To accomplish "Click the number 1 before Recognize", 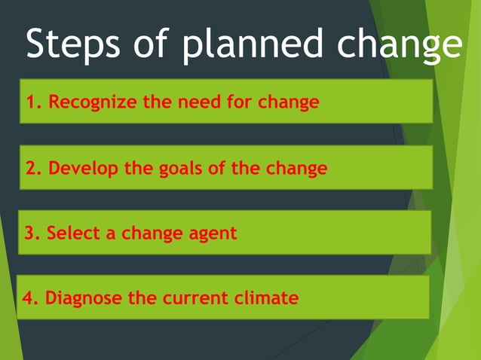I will tap(32, 102).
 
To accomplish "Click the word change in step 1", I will tap(289, 102).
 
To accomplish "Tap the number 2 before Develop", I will tap(32, 168).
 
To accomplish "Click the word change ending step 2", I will tap(296, 168).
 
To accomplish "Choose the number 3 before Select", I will tap(30, 233).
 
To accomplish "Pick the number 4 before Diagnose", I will tap(29, 297).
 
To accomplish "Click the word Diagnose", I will tap(84, 298).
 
